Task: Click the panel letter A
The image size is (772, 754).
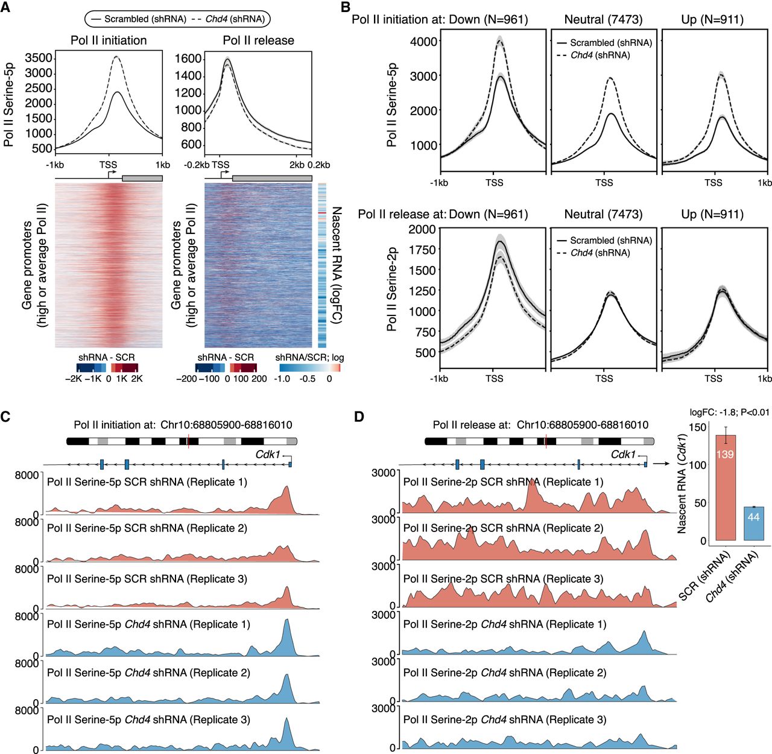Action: (x=5, y=7)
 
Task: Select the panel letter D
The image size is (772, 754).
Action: (x=358, y=418)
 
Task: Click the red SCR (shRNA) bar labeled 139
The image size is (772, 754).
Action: (x=725, y=487)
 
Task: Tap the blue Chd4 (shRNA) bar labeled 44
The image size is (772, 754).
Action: (x=753, y=524)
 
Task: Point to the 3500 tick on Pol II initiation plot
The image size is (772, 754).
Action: (x=39, y=59)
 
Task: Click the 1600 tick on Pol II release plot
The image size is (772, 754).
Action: (x=188, y=59)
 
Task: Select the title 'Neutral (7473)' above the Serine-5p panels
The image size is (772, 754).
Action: (x=603, y=19)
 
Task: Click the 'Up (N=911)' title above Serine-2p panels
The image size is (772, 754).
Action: (x=712, y=214)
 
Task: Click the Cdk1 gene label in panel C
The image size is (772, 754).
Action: (x=268, y=454)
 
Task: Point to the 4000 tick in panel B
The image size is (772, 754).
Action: (x=423, y=41)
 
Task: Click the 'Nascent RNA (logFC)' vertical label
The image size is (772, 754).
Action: (x=336, y=265)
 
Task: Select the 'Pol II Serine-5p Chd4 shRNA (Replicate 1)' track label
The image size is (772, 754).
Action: (x=148, y=624)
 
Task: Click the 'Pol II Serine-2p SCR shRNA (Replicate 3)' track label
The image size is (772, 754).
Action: (x=503, y=579)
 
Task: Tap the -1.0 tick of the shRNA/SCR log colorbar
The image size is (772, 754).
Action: (x=282, y=379)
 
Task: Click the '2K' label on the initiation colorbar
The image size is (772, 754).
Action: (x=136, y=379)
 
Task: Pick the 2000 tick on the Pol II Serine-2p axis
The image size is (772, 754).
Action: (x=422, y=229)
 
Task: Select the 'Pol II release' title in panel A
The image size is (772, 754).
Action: (x=258, y=40)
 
